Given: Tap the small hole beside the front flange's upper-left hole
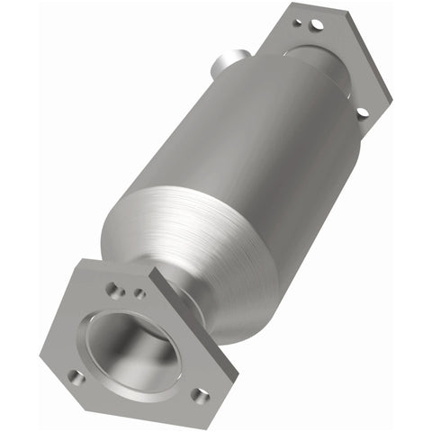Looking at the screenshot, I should [139, 292].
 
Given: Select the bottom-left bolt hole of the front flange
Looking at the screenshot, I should [76, 377].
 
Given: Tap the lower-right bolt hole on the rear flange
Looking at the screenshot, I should [362, 112].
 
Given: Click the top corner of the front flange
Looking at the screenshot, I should [85, 261].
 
